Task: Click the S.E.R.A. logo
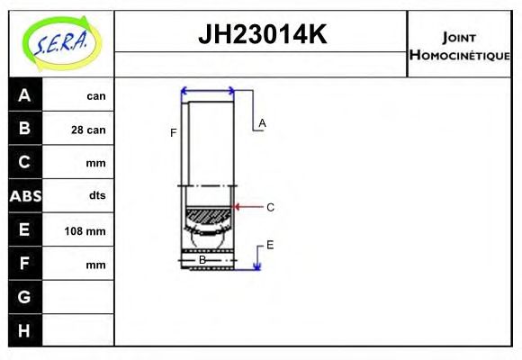coord(60,41)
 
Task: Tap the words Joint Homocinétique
coord(460,45)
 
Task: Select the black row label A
coord(24,95)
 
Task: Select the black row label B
coord(24,129)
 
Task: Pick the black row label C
coord(24,162)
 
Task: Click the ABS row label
coord(24,196)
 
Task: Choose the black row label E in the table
coord(24,229)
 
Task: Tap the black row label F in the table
coord(24,264)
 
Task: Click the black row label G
coord(24,297)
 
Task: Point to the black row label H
coord(24,330)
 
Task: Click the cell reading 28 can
coord(88,130)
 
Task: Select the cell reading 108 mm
coord(85,231)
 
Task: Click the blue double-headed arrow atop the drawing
coord(208,91)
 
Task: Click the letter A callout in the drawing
coord(263,122)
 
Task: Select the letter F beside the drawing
coord(173,133)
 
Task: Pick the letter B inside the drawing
coord(202,260)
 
